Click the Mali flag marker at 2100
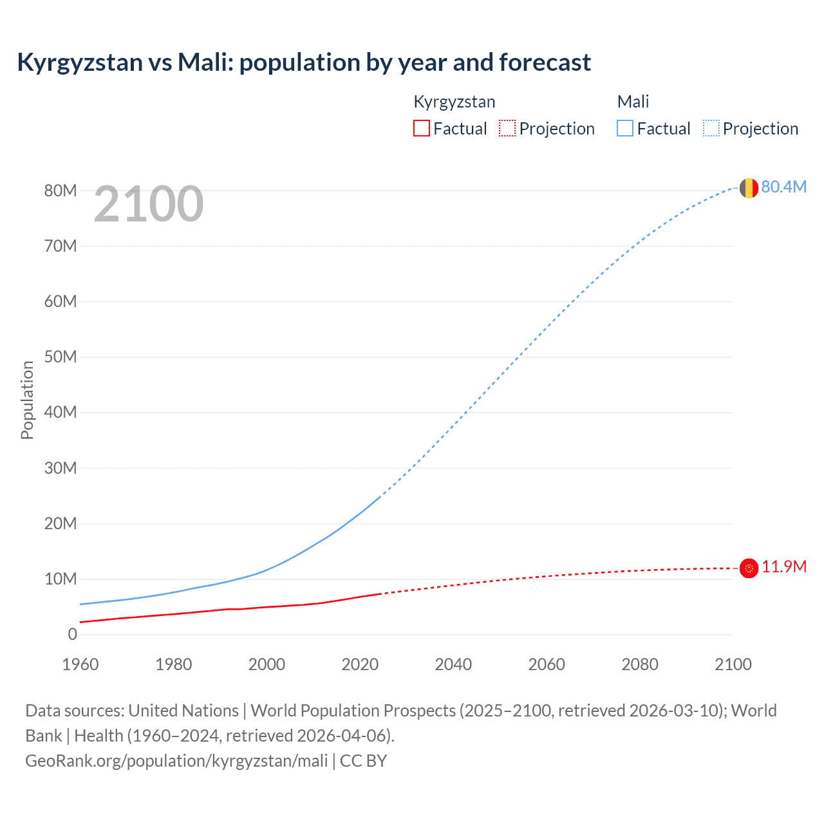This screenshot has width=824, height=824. [x=749, y=188]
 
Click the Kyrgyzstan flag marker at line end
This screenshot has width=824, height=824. [x=749, y=568]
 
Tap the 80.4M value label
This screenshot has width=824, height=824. [x=783, y=187]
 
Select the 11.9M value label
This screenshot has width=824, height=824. [x=783, y=567]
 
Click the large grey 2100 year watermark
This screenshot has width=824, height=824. [x=149, y=204]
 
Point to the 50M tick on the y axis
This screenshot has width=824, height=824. [x=61, y=357]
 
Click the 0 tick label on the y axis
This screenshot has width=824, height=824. [x=72, y=635]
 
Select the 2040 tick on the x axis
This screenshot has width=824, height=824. [x=453, y=664]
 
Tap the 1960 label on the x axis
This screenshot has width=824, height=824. [x=80, y=664]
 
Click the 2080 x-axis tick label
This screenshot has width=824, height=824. [x=640, y=664]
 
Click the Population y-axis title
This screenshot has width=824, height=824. [x=27, y=400]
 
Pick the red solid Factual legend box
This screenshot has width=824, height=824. [x=422, y=129]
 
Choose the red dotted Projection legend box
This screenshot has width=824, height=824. [x=507, y=129]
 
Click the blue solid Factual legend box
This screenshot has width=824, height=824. [x=625, y=129]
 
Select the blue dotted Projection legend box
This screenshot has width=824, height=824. [x=711, y=129]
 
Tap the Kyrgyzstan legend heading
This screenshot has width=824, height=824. [x=454, y=102]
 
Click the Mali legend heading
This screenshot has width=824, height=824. [x=633, y=102]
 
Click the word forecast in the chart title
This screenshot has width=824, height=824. [x=545, y=62]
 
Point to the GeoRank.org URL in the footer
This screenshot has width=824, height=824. [x=176, y=761]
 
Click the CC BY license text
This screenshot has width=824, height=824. [x=363, y=761]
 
